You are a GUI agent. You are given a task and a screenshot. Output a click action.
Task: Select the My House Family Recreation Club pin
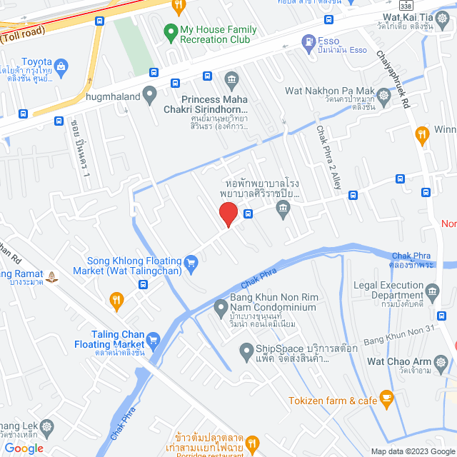pyautogui.click(x=171, y=32)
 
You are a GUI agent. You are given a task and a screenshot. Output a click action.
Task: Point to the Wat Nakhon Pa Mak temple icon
pyautogui.click(x=384, y=94)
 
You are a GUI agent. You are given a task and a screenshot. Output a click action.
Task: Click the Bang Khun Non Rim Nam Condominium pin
pyautogui.click(x=221, y=308)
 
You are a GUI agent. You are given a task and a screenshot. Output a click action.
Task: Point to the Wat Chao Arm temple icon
pyautogui.click(x=442, y=363)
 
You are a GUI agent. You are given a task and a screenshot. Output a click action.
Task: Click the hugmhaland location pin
pyautogui.click(x=149, y=93)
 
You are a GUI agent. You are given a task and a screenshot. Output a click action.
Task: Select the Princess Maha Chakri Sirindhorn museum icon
pyautogui.click(x=231, y=79)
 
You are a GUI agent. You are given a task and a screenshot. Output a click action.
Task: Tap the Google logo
pyautogui.click(x=23, y=448)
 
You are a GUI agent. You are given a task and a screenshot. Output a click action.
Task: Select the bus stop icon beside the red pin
pyautogui.click(x=248, y=213)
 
